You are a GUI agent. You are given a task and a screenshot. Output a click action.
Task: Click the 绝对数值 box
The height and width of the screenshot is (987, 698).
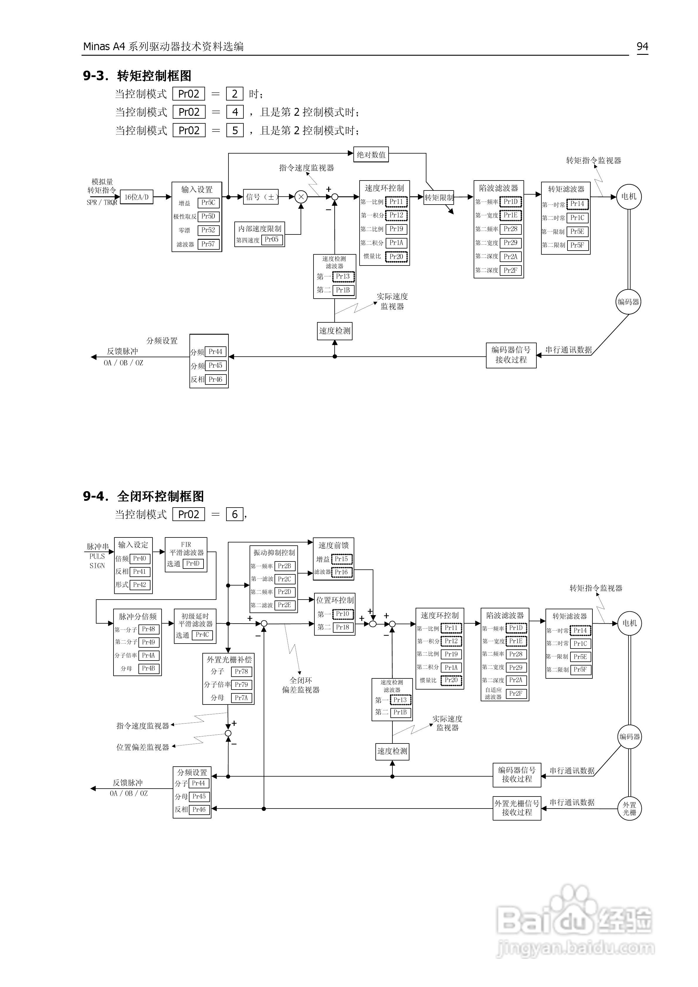[371, 155]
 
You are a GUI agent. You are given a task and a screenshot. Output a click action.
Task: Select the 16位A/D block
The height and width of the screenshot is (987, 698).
[136, 197]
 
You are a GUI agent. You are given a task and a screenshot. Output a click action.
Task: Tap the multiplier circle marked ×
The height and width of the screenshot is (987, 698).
[301, 197]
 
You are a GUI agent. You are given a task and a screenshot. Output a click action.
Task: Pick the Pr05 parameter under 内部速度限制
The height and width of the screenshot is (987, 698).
[272, 239]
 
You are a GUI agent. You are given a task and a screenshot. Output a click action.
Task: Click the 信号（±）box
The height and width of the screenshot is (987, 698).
[261, 197]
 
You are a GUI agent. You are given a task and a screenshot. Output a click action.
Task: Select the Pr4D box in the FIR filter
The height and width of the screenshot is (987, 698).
[193, 564]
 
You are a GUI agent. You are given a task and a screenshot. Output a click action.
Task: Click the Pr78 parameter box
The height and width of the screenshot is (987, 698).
[241, 671]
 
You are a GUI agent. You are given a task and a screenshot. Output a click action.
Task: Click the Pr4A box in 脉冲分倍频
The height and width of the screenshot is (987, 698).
[148, 656]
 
